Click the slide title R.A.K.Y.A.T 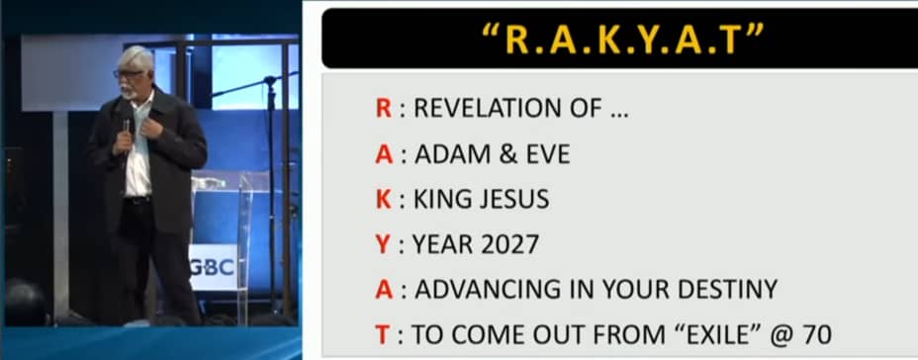point(623,39)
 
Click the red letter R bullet point(384,108)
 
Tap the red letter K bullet point(384,200)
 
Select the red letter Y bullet point(383,244)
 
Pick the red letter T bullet point(382,335)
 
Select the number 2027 point(509,244)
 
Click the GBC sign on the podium point(213,267)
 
